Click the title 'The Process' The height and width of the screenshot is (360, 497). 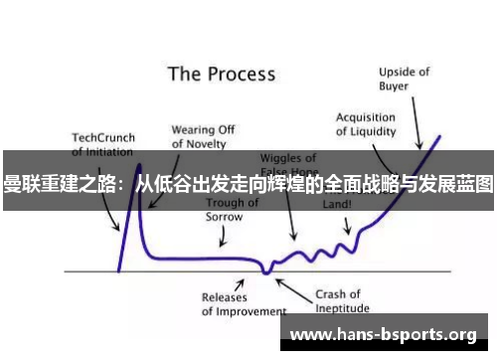[221, 74]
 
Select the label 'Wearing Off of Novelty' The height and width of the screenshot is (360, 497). [203, 136]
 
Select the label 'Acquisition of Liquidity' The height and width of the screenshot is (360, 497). [366, 123]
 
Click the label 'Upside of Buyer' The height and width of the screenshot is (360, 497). [404, 78]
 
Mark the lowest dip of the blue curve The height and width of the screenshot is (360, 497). [265, 270]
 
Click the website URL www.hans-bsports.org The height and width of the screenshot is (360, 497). [396, 334]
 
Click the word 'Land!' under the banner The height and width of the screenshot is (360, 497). [339, 203]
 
